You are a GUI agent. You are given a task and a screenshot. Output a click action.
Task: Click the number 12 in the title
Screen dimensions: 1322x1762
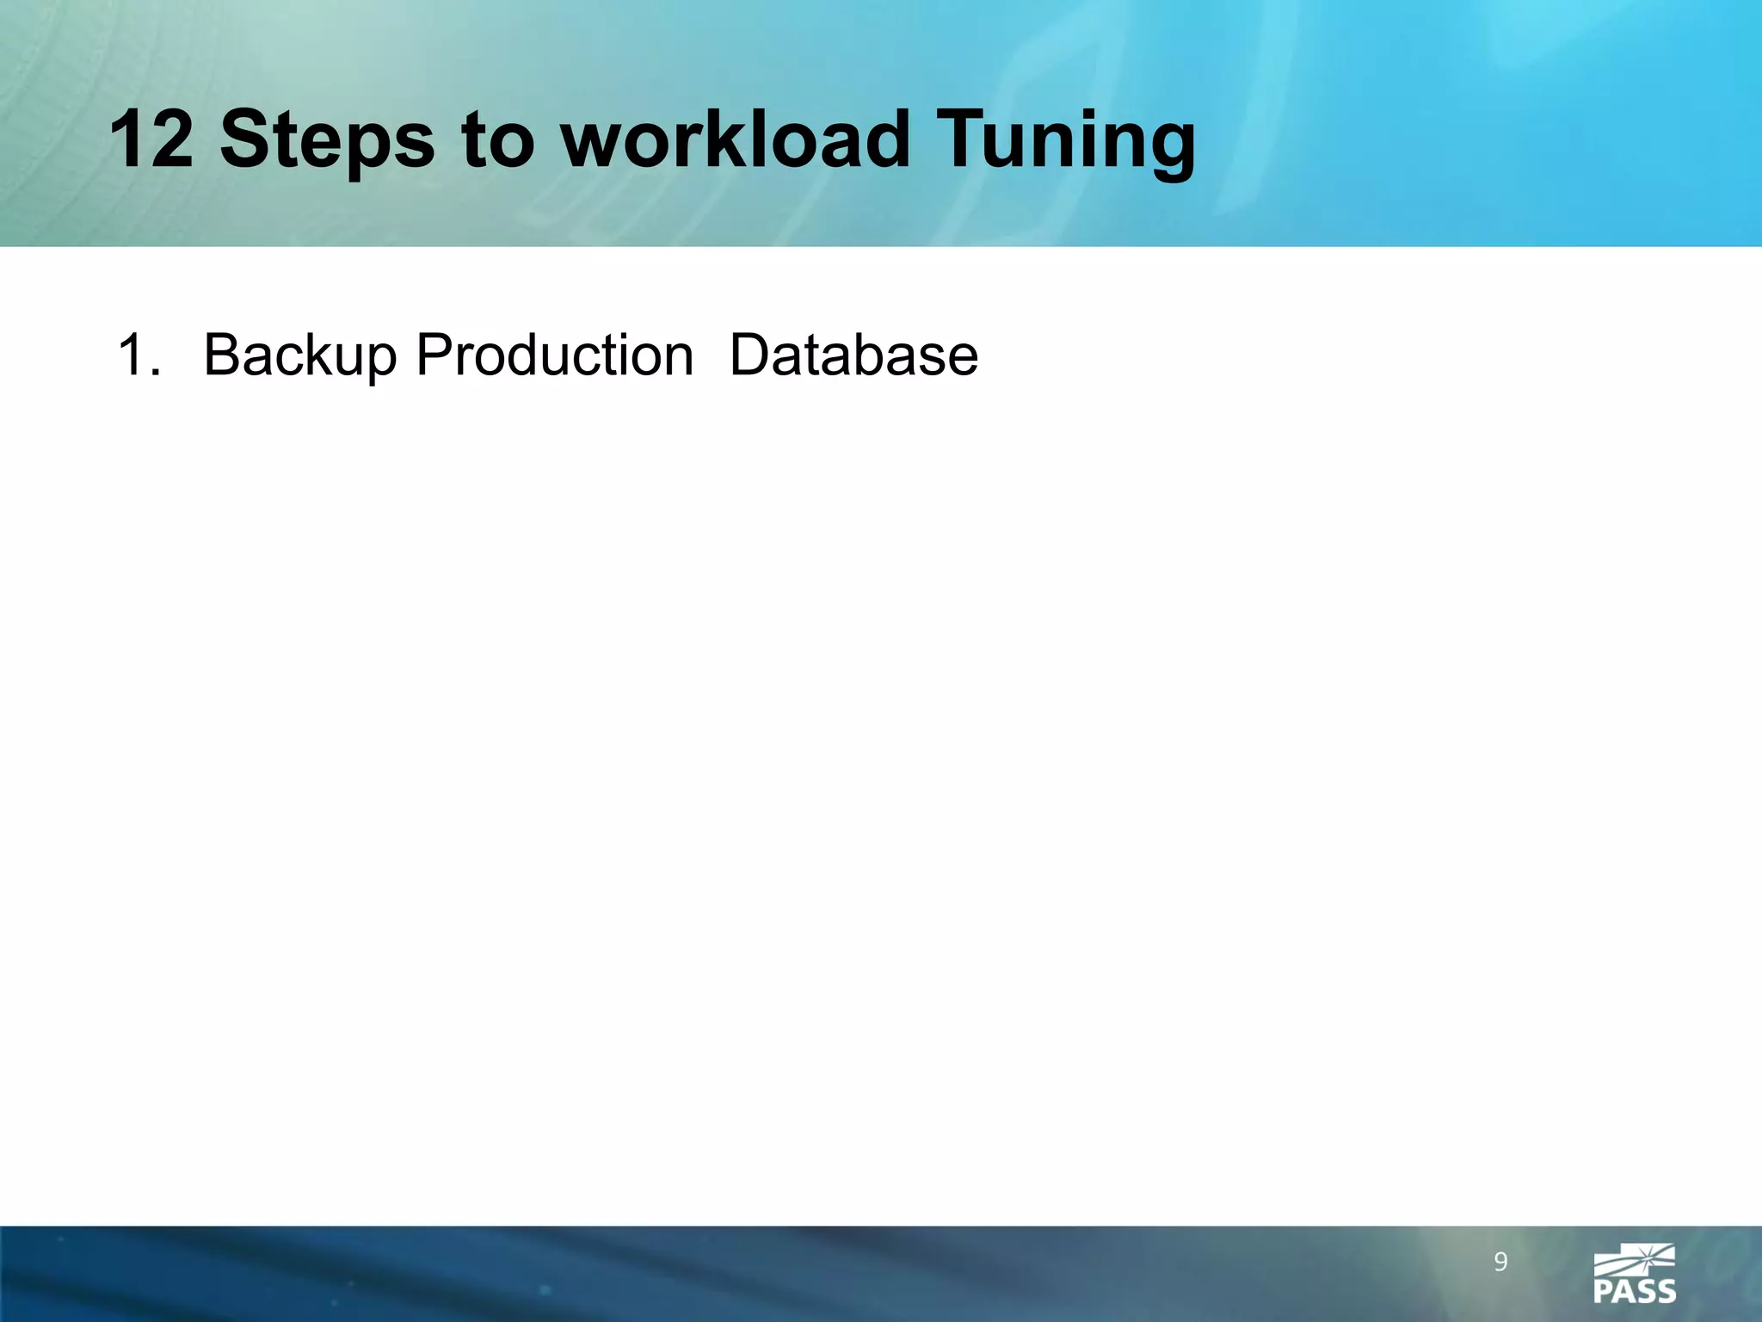(151, 139)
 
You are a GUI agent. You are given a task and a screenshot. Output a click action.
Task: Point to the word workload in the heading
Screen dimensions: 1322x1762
(736, 139)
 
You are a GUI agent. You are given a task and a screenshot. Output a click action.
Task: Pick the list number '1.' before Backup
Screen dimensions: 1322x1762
(138, 355)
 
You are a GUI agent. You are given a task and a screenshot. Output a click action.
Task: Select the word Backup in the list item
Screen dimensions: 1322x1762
(299, 356)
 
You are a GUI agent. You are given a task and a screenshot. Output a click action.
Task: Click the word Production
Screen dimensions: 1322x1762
(554, 355)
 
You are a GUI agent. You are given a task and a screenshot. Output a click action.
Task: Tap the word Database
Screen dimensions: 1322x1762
(853, 355)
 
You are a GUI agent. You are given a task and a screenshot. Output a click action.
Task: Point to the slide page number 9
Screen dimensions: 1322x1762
(1500, 1263)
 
